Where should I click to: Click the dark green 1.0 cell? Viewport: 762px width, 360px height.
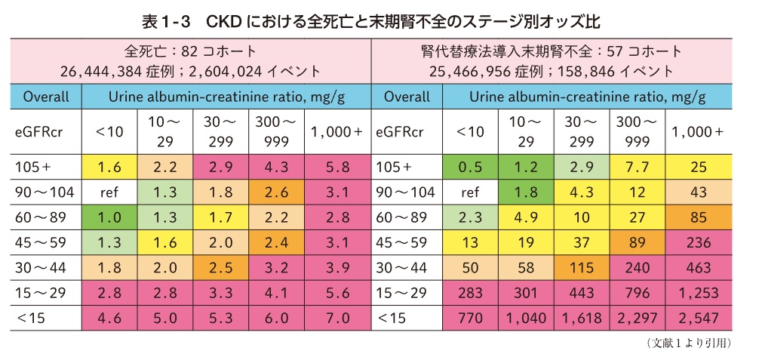(109, 217)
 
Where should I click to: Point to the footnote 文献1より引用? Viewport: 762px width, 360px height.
(688, 343)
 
